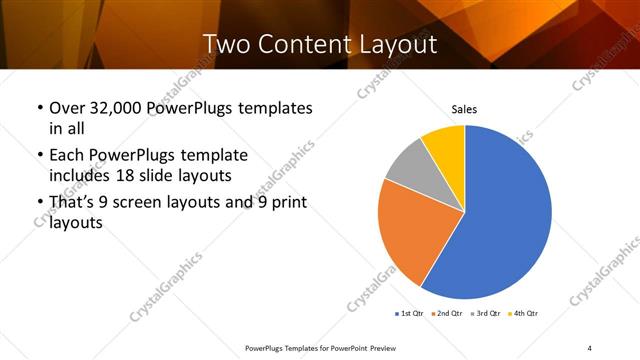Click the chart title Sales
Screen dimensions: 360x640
(x=464, y=109)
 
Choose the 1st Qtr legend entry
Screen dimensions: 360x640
(x=410, y=314)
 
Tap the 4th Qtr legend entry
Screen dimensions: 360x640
(x=525, y=314)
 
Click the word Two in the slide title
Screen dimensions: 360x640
(x=226, y=44)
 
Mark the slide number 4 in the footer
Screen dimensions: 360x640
(x=589, y=347)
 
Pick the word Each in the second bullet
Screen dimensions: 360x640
(x=67, y=156)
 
